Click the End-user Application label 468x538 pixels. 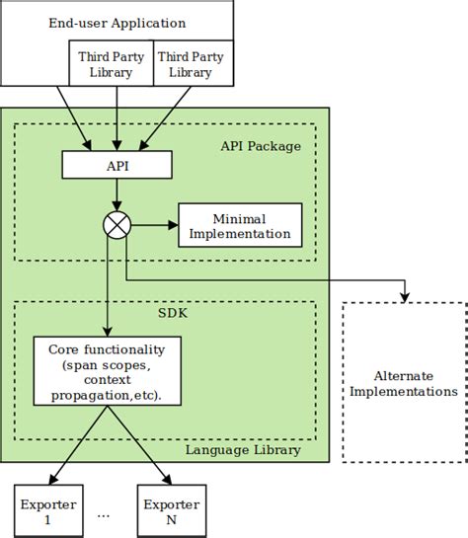[117, 22]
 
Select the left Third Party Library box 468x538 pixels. [111, 64]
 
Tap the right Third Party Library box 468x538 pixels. [191, 64]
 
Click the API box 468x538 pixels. [117, 165]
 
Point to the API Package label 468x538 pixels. [260, 146]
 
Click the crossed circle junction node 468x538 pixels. [117, 225]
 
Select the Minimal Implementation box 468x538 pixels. [239, 226]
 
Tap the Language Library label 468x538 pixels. [243, 451]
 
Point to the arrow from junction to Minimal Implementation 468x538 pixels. [153, 225]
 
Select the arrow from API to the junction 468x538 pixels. [117, 195]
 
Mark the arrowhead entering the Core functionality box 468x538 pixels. [107, 333]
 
